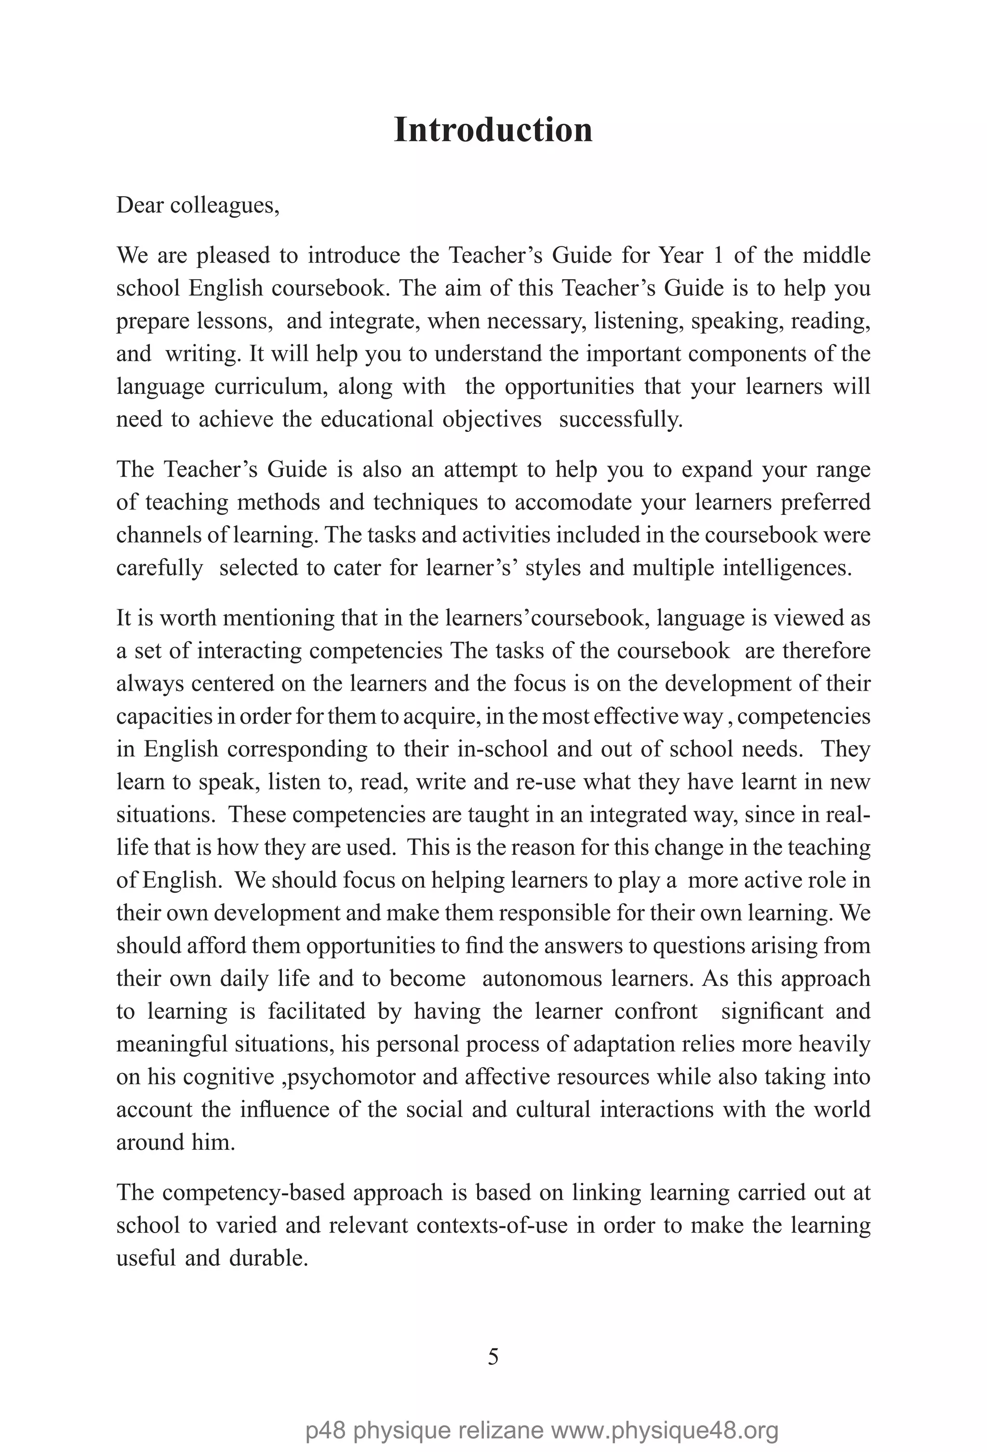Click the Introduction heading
493,130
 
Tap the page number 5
493,1357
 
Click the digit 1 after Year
719,255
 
